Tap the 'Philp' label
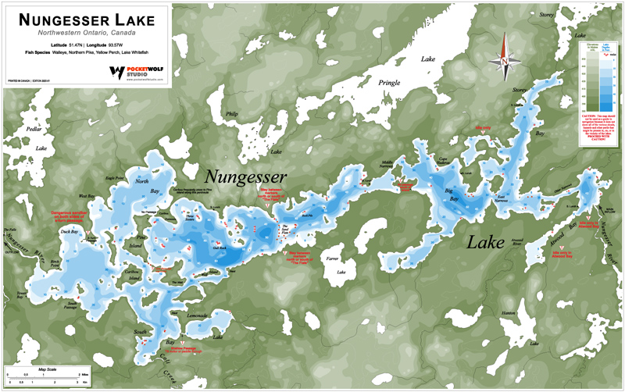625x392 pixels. [x=230, y=114]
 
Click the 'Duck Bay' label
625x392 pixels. [x=69, y=232]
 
